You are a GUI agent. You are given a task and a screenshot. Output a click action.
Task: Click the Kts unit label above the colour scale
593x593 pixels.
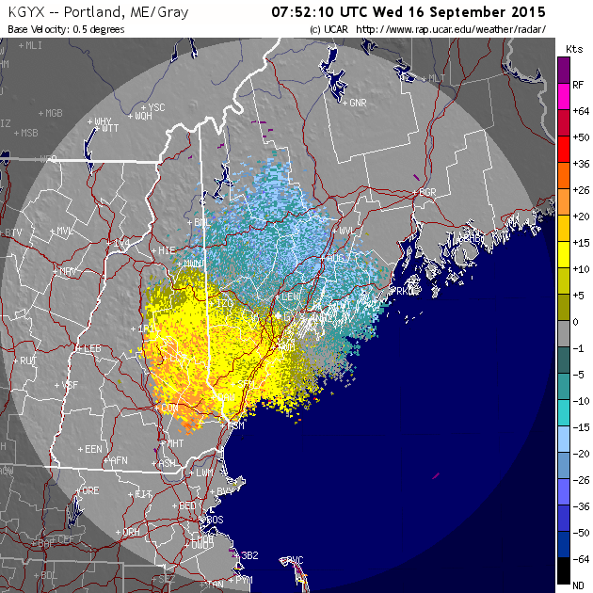(x=573, y=47)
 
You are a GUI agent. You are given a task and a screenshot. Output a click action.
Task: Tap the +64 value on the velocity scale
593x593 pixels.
(x=580, y=111)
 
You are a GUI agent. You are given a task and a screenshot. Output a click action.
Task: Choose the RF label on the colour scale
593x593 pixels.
(x=578, y=85)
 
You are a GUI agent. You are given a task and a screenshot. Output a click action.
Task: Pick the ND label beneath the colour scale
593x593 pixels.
(x=578, y=585)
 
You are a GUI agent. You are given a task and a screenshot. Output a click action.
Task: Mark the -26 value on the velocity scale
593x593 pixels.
(x=580, y=479)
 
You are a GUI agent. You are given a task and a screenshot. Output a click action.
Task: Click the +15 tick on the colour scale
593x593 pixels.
(x=580, y=243)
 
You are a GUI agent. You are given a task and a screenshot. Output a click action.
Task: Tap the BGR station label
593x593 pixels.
(x=428, y=192)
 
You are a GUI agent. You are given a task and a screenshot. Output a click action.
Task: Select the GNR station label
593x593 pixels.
(x=358, y=102)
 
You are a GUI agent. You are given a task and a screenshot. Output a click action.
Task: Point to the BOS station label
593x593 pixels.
(x=215, y=520)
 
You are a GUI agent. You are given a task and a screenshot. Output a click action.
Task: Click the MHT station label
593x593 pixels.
(x=174, y=442)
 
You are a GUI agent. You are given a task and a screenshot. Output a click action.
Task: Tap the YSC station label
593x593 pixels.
(x=156, y=107)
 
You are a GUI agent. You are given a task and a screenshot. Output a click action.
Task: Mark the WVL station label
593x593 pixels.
(x=347, y=230)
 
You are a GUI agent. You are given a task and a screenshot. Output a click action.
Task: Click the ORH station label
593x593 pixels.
(x=130, y=532)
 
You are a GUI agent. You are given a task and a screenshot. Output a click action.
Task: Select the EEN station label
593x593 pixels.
(x=93, y=450)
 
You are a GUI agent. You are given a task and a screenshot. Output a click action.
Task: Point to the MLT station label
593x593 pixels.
(x=437, y=78)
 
